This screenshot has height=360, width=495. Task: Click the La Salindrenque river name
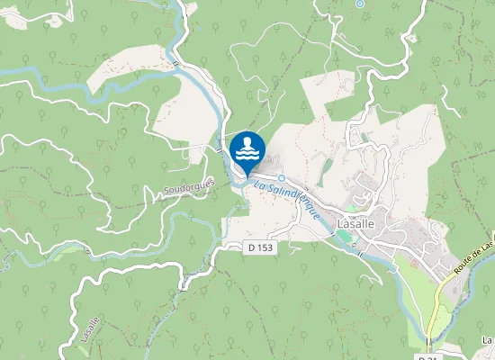287,198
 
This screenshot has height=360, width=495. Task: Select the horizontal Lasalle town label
355,223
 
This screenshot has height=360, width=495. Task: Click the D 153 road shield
260,247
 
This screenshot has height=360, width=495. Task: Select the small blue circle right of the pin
282,178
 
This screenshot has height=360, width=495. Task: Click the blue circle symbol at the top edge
360,4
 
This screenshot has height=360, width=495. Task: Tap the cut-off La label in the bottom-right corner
487,340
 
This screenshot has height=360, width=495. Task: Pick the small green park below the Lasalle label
344,237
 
